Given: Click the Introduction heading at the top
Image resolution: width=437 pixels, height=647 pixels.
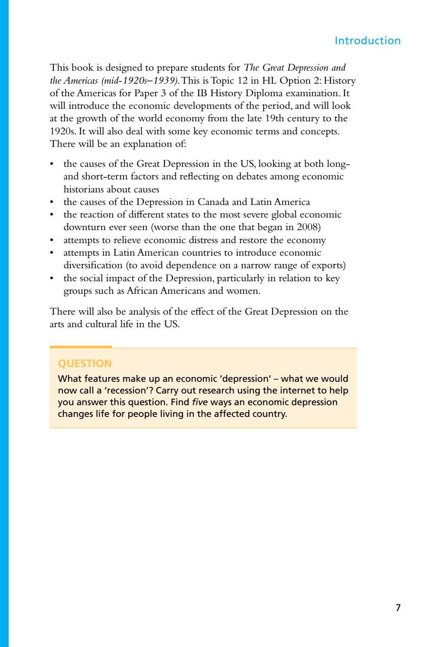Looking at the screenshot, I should click(x=367, y=41).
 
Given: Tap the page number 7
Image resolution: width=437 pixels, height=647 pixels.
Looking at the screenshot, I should click(x=398, y=608).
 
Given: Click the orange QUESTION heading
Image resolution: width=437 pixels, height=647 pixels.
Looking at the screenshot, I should click(x=85, y=363).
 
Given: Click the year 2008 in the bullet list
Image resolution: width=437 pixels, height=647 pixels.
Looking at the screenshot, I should click(x=307, y=227).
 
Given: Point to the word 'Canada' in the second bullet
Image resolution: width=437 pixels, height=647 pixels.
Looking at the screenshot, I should click(x=213, y=202).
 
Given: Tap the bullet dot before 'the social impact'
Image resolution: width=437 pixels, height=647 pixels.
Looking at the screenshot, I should click(x=52, y=278).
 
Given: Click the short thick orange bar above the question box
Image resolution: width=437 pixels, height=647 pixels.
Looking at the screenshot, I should click(x=81, y=347).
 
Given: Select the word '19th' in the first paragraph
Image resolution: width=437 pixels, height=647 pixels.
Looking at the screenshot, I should click(x=274, y=118).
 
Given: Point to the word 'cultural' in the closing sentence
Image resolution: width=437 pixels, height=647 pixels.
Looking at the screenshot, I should click(x=102, y=324).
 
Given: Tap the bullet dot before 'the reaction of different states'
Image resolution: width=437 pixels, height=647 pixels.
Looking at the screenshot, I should click(x=52, y=215).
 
